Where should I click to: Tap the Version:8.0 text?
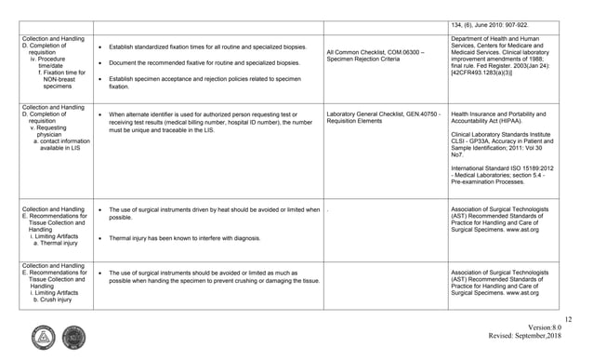pos(548,327)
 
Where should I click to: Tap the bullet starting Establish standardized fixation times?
pos(204,45)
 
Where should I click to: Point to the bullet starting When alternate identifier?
pos(213,122)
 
